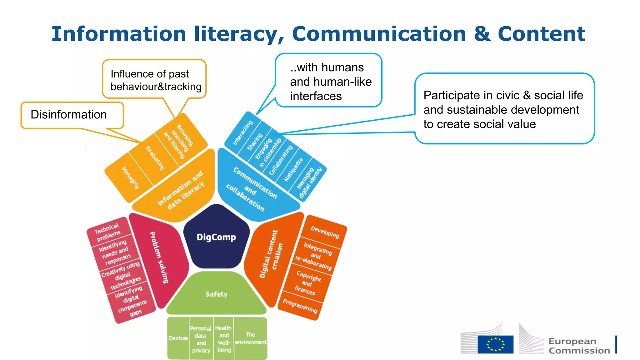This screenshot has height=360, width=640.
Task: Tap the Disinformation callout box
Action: [x=72, y=115]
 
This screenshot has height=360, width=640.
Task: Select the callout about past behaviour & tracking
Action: [x=154, y=80]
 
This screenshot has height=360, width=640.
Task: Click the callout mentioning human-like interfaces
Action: [x=328, y=81]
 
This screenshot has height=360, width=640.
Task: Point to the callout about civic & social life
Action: [x=504, y=109]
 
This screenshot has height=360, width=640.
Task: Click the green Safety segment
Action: [x=216, y=294]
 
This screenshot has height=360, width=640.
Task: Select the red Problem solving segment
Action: [x=159, y=257]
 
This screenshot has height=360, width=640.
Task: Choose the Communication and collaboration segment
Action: [x=252, y=189]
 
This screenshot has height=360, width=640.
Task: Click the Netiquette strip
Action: [x=293, y=170]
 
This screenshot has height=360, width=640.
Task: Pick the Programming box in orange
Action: [x=300, y=306]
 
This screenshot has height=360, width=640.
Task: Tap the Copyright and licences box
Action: [x=307, y=283]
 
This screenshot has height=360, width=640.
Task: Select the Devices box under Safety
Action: [x=178, y=338]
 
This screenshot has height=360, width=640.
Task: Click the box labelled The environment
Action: [x=250, y=338]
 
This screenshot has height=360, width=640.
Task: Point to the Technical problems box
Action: [x=107, y=232]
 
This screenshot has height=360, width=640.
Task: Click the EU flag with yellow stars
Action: [x=495, y=344]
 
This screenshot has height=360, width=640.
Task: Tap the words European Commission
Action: [x=579, y=346]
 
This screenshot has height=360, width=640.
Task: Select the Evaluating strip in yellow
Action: [x=155, y=158]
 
